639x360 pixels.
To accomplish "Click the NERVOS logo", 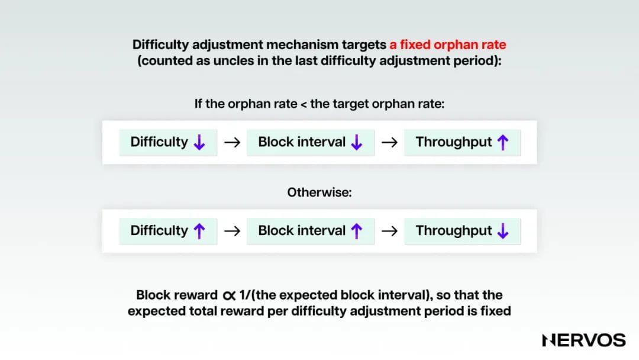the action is pos(583,340).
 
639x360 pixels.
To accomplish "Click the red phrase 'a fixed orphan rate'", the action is pos(447,44).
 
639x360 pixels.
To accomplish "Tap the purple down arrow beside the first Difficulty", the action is pos(199,142).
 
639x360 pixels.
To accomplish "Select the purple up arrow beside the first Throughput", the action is pos(503,142).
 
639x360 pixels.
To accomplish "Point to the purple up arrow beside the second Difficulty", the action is pos(199,231).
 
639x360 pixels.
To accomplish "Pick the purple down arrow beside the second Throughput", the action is pos(503,231).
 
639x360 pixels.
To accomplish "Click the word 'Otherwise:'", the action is pos(319,192).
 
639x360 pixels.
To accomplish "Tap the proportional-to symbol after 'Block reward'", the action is pos(229,295).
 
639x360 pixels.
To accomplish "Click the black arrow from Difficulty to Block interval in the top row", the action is pos(232,143).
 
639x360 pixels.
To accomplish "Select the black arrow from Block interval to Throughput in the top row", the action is pos(389,143).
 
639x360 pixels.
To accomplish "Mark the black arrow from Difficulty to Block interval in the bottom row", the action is pos(232,232).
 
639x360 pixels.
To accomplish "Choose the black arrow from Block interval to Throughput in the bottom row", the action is pos(389,232).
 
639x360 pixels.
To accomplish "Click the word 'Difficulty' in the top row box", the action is pos(159,142).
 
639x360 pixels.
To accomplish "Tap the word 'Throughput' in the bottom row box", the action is pos(454,231).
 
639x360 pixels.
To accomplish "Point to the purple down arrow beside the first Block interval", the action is pos(356,142).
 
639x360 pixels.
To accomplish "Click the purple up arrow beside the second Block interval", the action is pos(356,231).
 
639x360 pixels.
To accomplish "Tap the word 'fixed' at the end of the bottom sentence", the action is pos(493,311).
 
